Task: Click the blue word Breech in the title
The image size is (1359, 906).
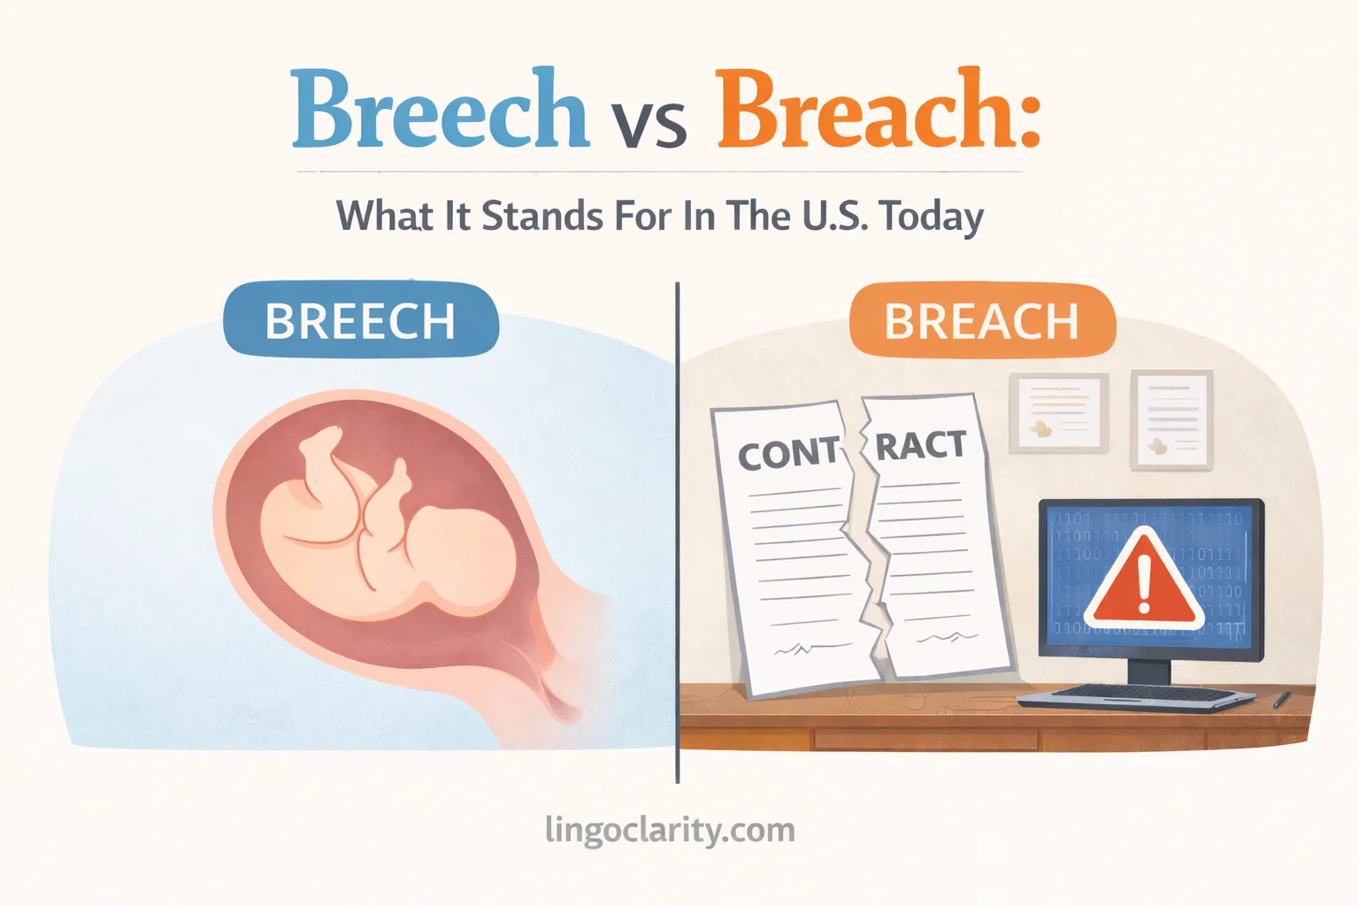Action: [x=440, y=111]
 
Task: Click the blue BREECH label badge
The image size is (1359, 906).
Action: [x=361, y=320]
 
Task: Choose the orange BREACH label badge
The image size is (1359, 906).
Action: [x=981, y=320]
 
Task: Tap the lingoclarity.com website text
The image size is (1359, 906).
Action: [x=670, y=831]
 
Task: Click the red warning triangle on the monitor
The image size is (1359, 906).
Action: [x=1145, y=579]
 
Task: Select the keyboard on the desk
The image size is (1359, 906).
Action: [x=1136, y=697]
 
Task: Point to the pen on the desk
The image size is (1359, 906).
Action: [x=1282, y=700]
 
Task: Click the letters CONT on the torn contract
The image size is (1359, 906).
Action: [x=788, y=454]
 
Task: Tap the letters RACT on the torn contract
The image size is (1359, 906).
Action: [x=920, y=444]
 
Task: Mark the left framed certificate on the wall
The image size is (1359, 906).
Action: [x=1059, y=414]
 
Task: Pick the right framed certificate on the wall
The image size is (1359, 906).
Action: [x=1172, y=418]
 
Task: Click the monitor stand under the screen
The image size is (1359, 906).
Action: [x=1149, y=672]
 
